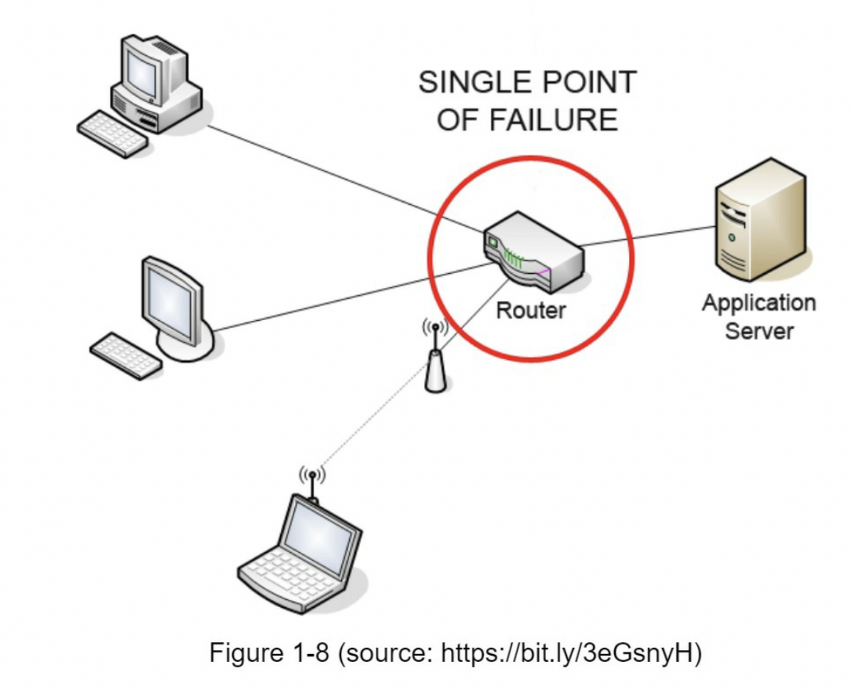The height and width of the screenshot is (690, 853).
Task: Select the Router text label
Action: [x=531, y=310]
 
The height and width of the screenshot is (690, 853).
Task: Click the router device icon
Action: [x=533, y=252]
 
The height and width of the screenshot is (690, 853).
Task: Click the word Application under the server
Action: [x=759, y=303]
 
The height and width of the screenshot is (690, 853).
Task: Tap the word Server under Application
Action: [x=759, y=331]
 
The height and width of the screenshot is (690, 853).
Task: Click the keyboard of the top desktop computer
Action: [x=112, y=134]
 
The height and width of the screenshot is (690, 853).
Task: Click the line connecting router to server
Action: [x=648, y=236]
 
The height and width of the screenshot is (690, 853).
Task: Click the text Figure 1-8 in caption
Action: [x=269, y=653]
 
